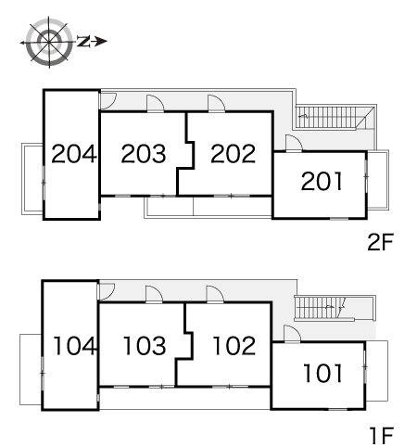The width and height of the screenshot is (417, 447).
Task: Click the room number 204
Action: coord(74,154)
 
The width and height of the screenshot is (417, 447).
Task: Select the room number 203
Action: coord(144,154)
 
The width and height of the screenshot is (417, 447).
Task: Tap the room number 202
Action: coord(234,154)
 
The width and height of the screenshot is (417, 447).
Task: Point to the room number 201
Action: coord(322,181)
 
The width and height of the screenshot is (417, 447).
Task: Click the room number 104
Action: coord(74,346)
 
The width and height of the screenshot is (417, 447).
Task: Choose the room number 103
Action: coord(145,346)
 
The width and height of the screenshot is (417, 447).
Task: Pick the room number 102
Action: coord(234,346)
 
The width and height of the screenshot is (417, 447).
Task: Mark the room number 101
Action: coord(322,373)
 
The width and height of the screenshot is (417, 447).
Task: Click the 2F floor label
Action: coord(380,242)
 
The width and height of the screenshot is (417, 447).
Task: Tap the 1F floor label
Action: coord(382,435)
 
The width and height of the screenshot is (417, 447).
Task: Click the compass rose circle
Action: coord(49,42)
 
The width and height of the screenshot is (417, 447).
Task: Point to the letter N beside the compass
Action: coord(83,42)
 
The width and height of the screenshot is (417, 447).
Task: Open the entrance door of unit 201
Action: coord(294,143)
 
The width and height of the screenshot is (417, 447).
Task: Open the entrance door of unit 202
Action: coord(216,103)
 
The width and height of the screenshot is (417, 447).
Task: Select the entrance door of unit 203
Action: coord(155,103)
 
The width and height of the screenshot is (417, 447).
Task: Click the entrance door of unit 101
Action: coord(292,334)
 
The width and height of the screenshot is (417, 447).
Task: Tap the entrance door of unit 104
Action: coord(106,291)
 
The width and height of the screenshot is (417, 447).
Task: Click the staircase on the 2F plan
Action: coord(335,118)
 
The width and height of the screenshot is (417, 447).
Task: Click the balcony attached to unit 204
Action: coord(32,179)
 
